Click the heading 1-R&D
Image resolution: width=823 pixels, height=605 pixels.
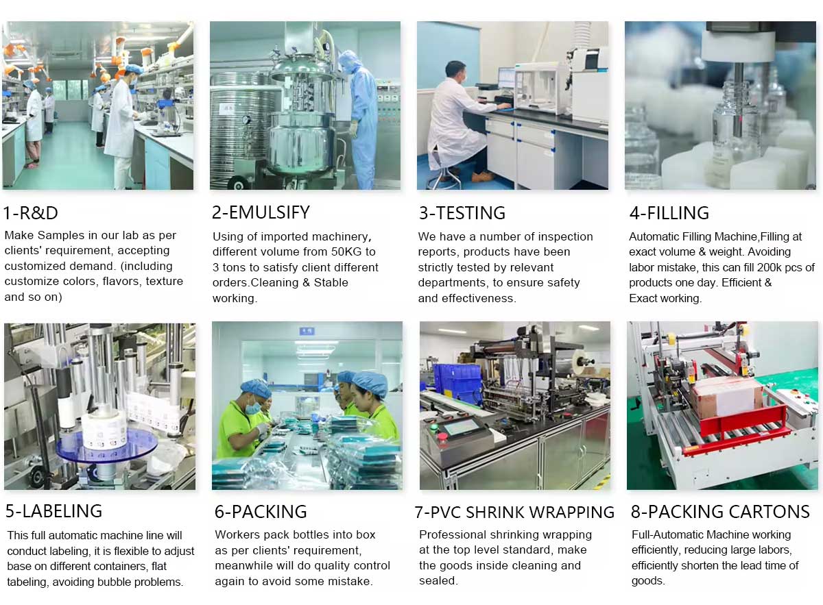(30, 213)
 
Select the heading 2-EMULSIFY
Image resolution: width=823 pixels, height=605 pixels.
(261, 212)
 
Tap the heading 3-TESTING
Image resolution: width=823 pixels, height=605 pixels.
(462, 213)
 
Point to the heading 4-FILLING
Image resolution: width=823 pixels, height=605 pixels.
(669, 213)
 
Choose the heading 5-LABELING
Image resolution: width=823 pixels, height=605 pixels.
(53, 511)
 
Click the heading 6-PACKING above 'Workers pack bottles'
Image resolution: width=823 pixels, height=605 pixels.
(261, 512)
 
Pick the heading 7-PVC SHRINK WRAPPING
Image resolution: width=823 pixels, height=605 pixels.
(514, 512)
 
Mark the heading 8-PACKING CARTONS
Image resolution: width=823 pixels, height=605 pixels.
(720, 512)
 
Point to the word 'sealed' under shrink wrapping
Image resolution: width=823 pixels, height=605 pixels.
(438, 580)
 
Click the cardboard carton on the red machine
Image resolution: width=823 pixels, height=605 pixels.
(726, 398)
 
